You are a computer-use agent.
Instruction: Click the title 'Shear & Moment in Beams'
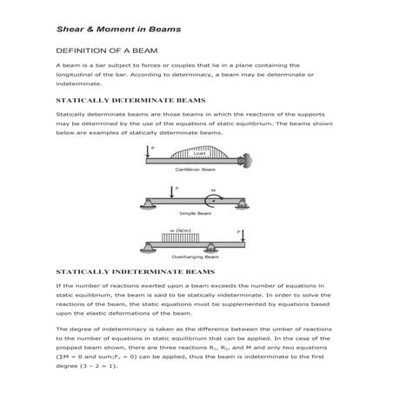(118, 29)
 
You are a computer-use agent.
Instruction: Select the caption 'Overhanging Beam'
(196, 257)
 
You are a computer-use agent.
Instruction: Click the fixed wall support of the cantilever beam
(247, 161)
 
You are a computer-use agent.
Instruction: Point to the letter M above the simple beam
(212, 187)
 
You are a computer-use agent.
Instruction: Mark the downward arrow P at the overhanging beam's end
(243, 236)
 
